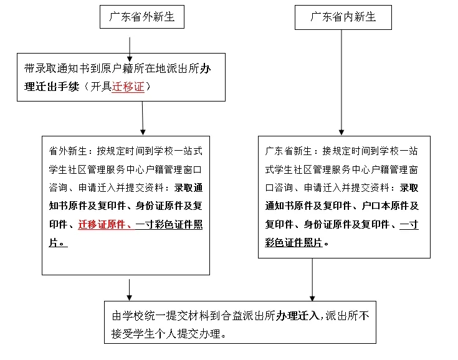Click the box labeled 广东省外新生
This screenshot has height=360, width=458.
click(x=142, y=17)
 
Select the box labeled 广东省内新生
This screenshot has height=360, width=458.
click(x=343, y=17)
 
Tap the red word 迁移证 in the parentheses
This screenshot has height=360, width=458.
click(x=128, y=87)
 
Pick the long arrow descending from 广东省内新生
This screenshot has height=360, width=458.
click(x=341, y=81)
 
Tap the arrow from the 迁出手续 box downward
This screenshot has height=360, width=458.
click(x=143, y=118)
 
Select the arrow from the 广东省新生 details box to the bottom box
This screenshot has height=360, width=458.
click(x=312, y=280)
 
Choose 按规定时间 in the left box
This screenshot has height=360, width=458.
click(x=121, y=151)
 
